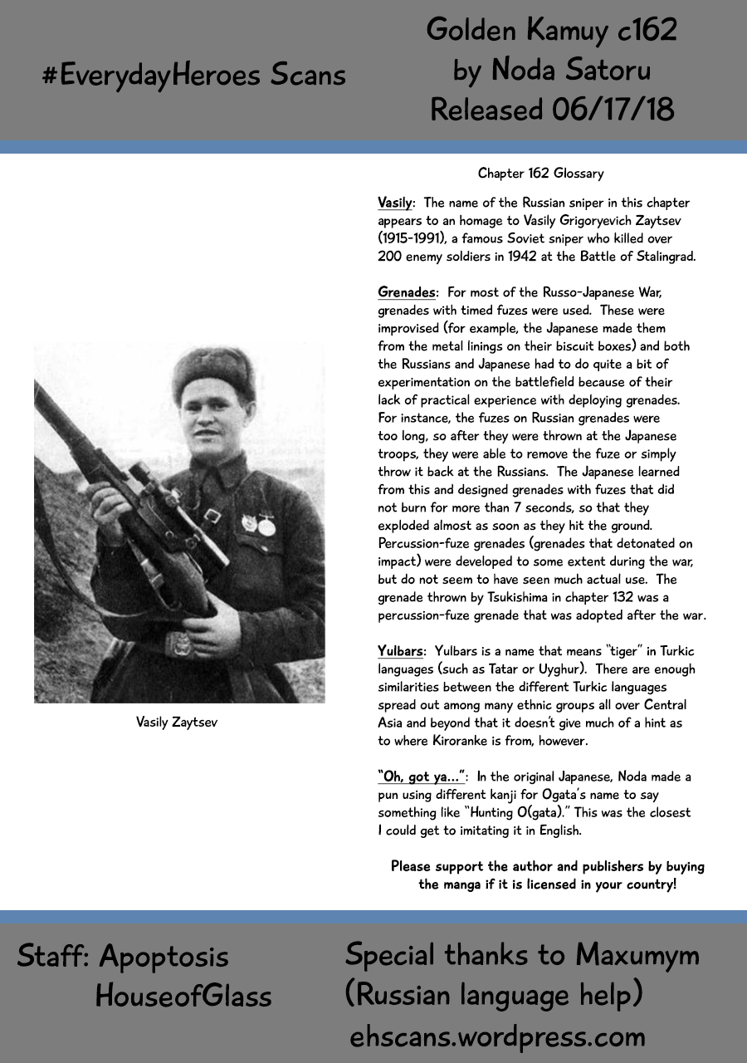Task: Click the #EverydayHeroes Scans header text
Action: click(194, 76)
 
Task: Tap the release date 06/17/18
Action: click(611, 109)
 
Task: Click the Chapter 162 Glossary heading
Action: click(540, 174)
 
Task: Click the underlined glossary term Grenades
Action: click(407, 292)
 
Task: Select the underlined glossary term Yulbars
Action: click(402, 651)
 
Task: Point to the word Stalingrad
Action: click(662, 257)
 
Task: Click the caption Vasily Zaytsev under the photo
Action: click(178, 722)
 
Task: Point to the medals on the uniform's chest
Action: click(257, 525)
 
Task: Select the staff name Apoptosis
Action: click(164, 957)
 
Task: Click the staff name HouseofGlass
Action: click(183, 995)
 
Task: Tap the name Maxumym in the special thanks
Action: click(637, 955)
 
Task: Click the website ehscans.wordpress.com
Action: click(497, 1036)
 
